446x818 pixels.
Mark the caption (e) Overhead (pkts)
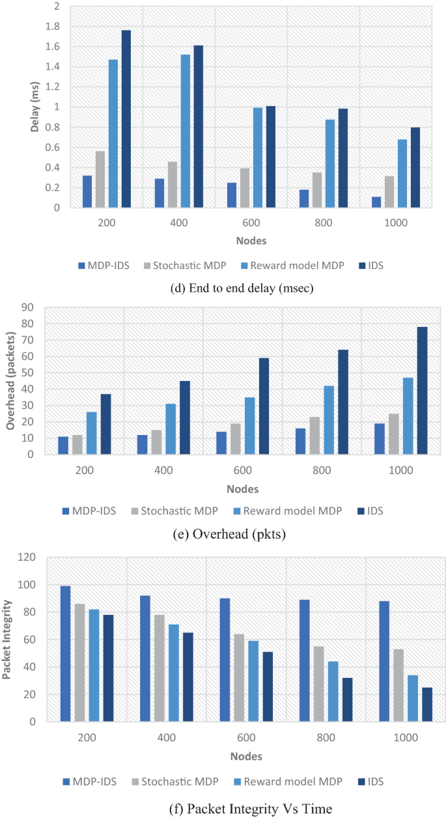tap(222, 535)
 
